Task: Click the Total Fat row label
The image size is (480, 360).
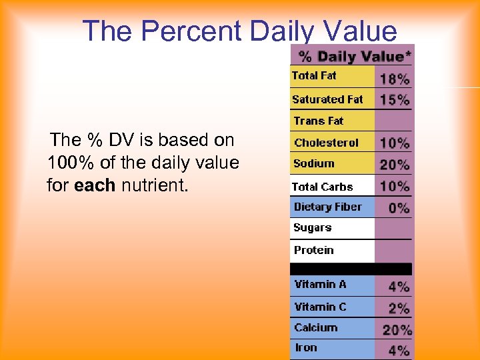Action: point(314,76)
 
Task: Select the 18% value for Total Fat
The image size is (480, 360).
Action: point(395,79)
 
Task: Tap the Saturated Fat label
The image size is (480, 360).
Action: point(327,99)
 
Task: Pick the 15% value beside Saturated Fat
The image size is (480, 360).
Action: point(395,100)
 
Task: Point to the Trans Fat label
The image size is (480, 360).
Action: point(319,121)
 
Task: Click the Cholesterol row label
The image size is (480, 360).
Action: point(326,143)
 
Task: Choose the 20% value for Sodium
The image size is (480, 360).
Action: point(395,165)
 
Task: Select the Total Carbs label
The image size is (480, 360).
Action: point(322,187)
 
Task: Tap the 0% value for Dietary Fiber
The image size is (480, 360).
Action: point(399,207)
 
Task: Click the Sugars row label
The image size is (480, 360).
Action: point(312,228)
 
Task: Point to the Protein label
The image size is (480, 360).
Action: point(313,250)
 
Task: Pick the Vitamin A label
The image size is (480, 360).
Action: point(320,284)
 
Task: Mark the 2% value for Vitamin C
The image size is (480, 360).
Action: point(399,308)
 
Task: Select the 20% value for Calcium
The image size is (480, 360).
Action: point(397,329)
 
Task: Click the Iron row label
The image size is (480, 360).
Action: point(306,347)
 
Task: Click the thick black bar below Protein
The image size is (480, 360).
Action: point(351,269)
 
